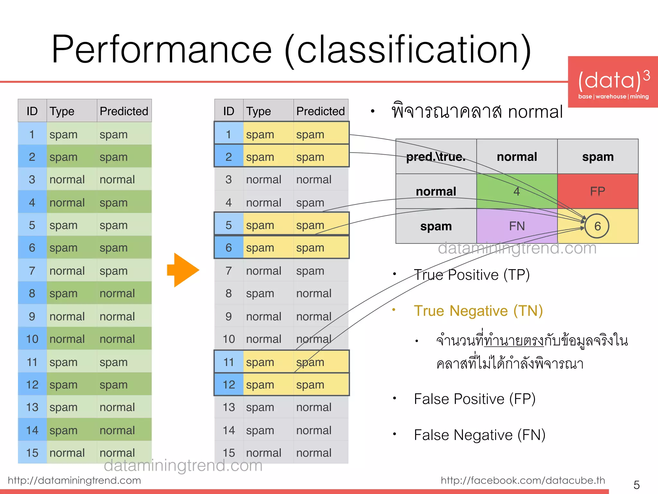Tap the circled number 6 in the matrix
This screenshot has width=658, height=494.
[597, 226]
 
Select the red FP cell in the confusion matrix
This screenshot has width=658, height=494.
[598, 191]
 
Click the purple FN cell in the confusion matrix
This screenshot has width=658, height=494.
[517, 226]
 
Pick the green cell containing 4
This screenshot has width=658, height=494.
[517, 191]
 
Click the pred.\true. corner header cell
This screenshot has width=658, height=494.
[436, 157]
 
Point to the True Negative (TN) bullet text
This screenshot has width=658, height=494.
[478, 311]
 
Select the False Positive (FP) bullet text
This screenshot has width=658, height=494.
[475, 399]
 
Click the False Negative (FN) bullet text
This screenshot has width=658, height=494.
[479, 435]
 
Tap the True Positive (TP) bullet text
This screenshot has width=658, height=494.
[472, 275]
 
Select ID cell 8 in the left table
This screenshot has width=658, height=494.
[32, 293]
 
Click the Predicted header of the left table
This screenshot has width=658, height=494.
[124, 111]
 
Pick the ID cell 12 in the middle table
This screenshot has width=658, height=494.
[229, 385]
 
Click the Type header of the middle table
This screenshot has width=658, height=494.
[259, 111]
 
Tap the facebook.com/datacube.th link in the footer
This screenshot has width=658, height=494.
[523, 480]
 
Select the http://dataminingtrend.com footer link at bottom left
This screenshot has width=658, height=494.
[74, 480]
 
